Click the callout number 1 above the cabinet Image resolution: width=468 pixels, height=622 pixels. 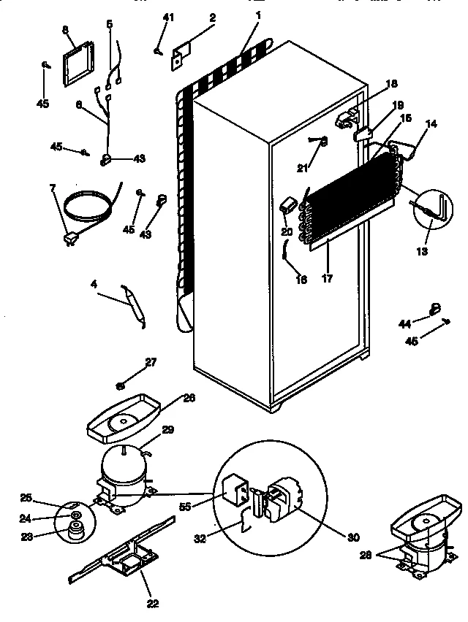[258, 15]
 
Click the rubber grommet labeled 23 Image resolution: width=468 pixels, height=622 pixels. [75, 534]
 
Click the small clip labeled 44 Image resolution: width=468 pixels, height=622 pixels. [435, 307]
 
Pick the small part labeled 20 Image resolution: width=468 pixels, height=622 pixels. [287, 205]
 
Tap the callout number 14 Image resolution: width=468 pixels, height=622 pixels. [431, 125]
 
